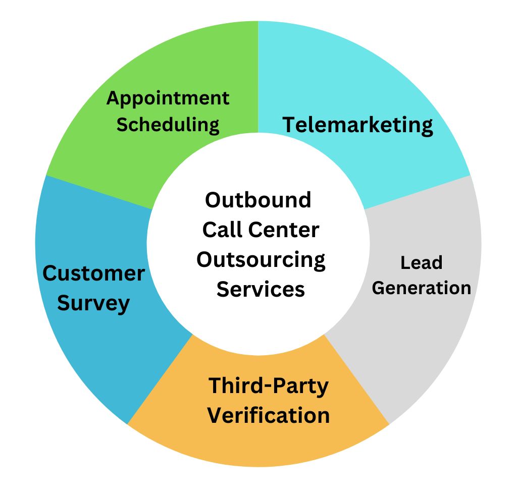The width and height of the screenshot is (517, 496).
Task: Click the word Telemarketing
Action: (357, 125)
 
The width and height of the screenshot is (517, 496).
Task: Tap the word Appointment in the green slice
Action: (168, 98)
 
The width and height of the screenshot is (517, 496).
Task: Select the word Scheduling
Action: (168, 124)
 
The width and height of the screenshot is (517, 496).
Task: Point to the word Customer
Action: (93, 273)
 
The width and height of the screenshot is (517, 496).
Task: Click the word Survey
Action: (93, 303)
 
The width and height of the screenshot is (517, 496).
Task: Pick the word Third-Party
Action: (269, 386)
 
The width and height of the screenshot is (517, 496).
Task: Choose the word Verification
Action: (269, 416)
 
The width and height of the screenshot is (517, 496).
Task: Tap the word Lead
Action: (421, 263)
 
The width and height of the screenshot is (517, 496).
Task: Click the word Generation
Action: (421, 288)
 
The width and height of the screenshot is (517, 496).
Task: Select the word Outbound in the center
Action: (258, 200)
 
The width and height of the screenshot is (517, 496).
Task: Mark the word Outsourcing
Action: (261, 260)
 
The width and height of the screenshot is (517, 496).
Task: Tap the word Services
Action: (261, 290)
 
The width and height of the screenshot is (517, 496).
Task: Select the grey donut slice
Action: (429, 343)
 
